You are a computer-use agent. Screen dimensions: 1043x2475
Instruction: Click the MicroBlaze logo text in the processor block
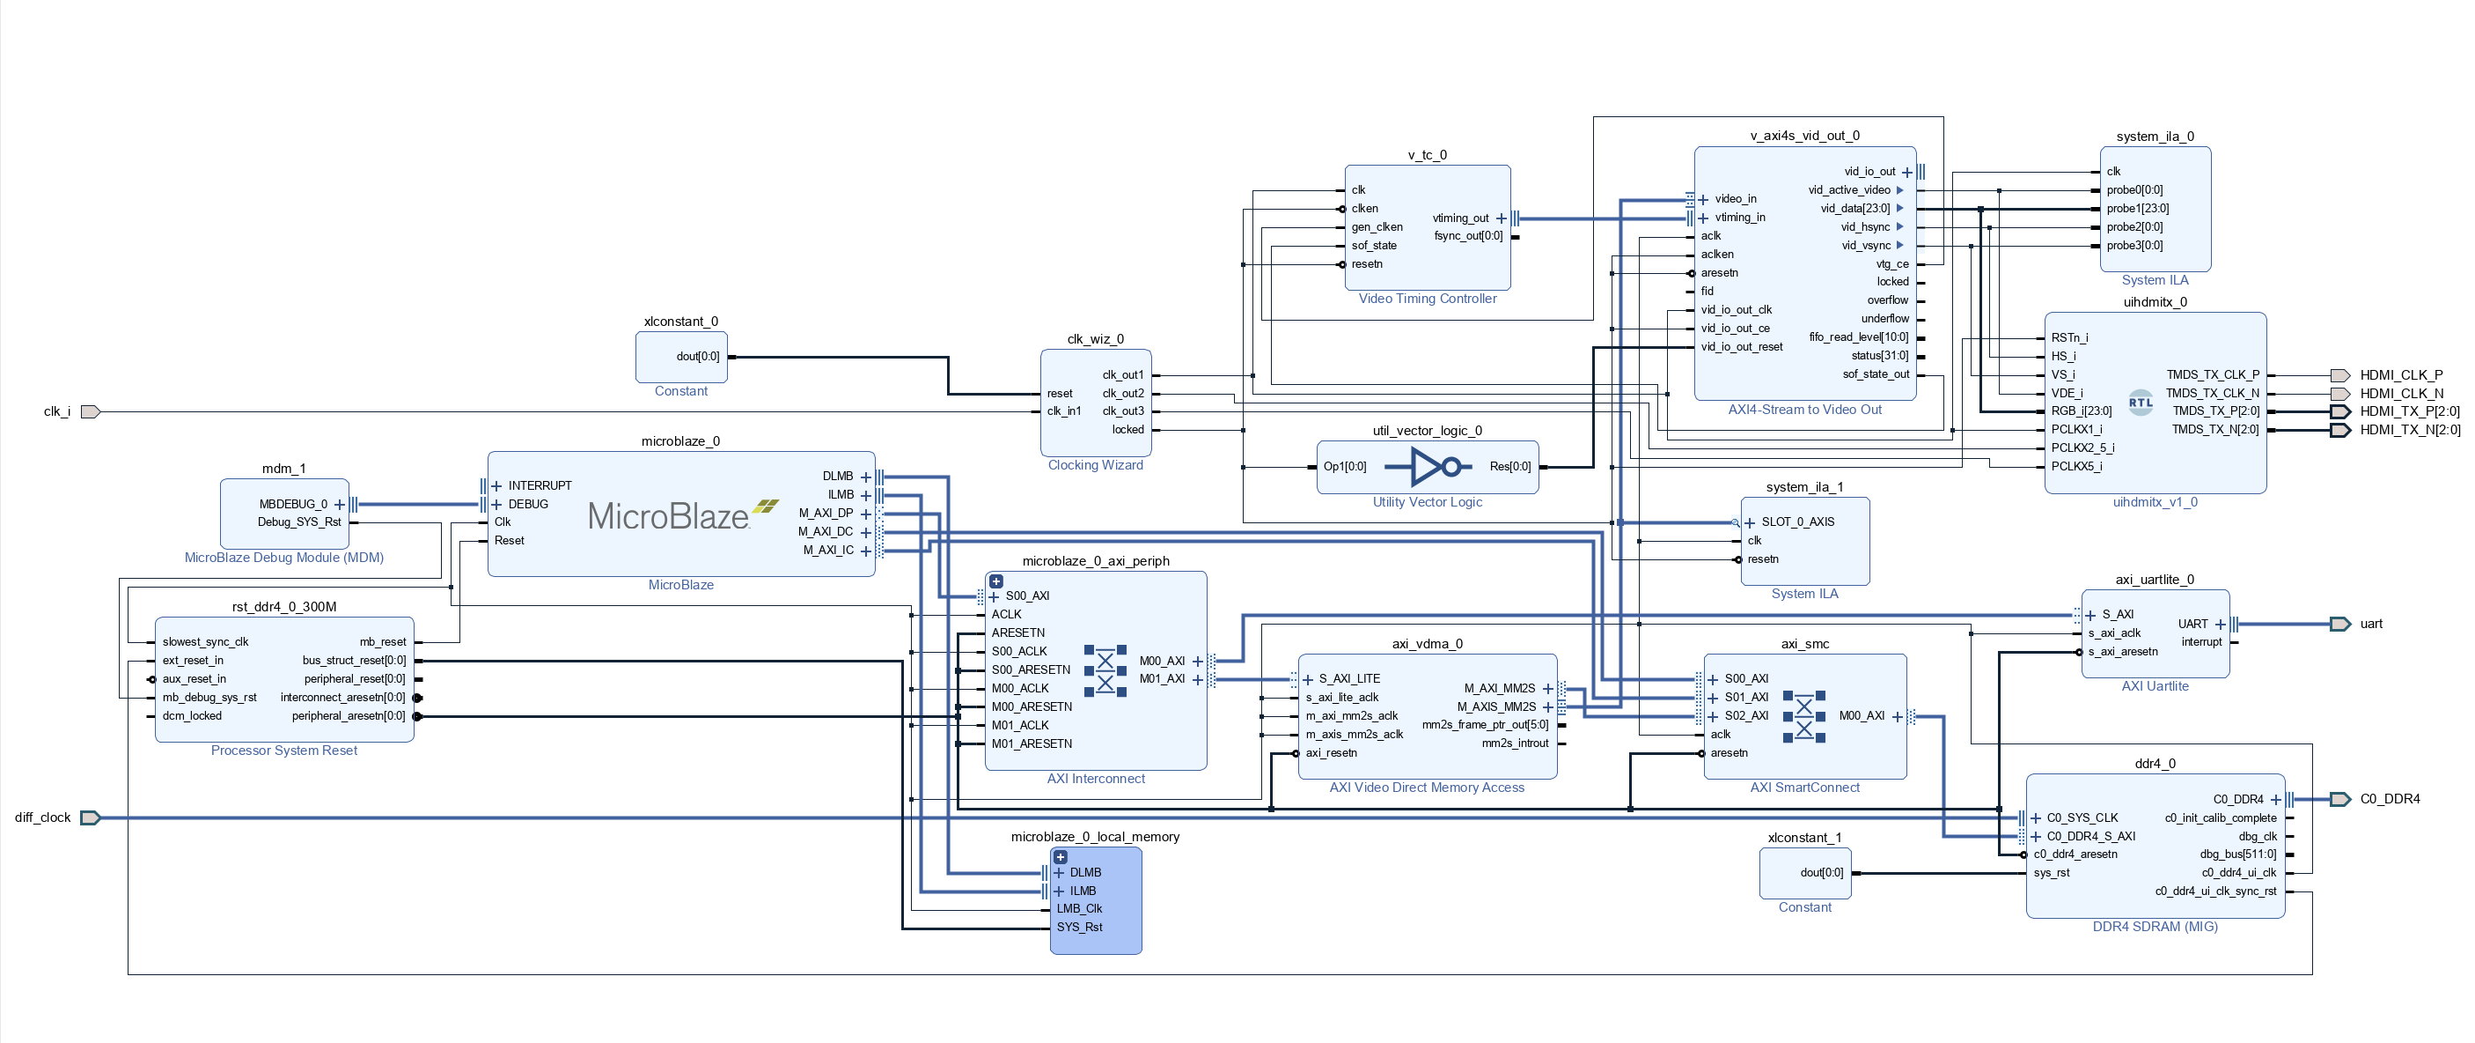tap(669, 516)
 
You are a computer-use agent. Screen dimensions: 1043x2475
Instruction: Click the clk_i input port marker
tap(91, 411)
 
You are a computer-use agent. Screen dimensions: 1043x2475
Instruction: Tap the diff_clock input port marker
tap(91, 818)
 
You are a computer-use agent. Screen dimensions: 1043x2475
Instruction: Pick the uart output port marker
tap(2340, 624)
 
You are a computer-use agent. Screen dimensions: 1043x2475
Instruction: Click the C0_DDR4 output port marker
tap(2340, 799)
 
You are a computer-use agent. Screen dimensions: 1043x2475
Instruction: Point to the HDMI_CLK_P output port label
tap(2401, 375)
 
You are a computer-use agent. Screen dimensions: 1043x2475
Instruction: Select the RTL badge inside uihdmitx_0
tap(2141, 403)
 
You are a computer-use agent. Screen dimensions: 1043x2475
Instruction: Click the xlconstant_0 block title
tap(680, 321)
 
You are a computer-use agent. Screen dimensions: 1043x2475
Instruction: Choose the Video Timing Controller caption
tap(1427, 299)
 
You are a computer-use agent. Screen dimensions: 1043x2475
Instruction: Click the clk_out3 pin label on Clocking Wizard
tap(1122, 411)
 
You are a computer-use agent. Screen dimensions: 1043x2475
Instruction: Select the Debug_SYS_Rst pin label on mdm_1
tap(298, 522)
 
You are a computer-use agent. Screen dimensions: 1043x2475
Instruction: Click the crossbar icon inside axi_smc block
tap(1803, 716)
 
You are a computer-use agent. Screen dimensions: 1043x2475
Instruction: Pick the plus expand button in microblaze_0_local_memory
tap(1061, 856)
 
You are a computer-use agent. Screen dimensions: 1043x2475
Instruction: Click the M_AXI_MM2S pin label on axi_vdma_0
tap(1499, 688)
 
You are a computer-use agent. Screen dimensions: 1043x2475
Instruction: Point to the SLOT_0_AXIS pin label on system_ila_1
tap(1797, 522)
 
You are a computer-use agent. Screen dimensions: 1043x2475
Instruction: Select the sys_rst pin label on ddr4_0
tap(2052, 873)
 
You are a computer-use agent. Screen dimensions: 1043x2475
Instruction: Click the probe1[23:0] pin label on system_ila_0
tap(2138, 209)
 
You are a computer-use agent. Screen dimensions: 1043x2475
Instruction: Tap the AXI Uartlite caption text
tap(2154, 686)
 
